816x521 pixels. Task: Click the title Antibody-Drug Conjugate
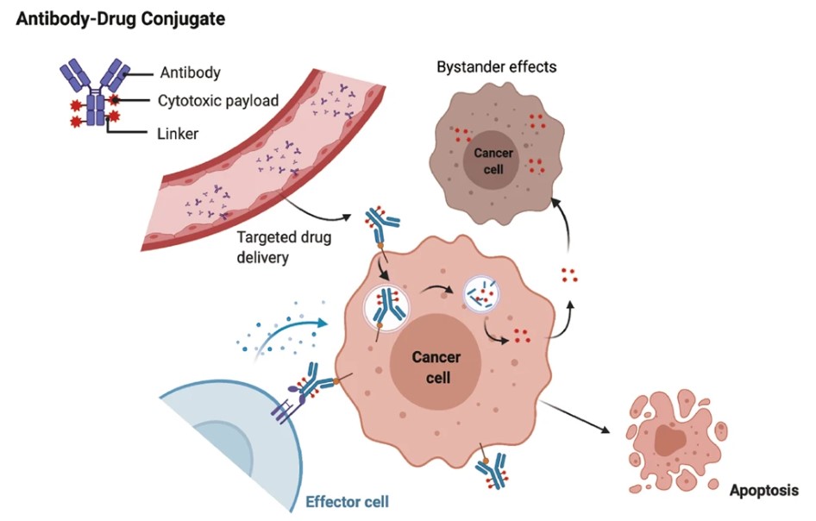120,17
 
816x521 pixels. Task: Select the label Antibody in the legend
191,73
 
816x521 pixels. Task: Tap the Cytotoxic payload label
217,101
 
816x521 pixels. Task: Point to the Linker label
179,134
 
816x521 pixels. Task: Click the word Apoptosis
764,492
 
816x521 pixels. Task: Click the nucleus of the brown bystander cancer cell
493,161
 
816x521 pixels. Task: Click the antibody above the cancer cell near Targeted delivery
381,226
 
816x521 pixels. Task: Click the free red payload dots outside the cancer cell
568,275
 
